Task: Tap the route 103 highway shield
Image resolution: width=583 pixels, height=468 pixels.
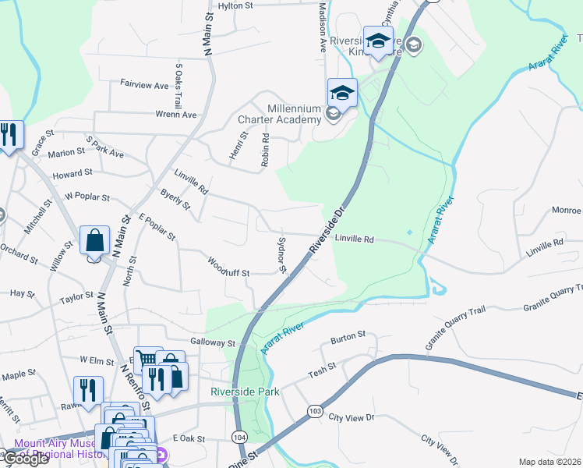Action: pos(315,409)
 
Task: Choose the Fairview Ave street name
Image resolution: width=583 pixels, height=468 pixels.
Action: pos(144,84)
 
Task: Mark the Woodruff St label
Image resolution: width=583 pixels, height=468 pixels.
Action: pos(228,268)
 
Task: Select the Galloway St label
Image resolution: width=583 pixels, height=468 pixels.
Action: pos(213,342)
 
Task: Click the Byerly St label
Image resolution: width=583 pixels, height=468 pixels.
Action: pos(175,199)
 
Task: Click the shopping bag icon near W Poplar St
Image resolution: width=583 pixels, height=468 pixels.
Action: pos(94,242)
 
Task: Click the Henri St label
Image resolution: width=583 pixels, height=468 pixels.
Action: pos(237,146)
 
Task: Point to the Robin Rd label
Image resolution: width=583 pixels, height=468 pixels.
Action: pos(266,148)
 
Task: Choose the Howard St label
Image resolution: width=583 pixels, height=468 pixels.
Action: pos(72,172)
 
